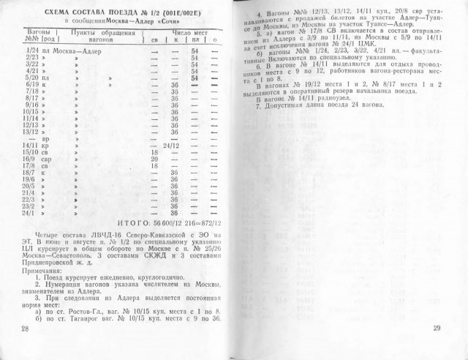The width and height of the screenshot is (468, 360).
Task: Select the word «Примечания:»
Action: tap(47, 271)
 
